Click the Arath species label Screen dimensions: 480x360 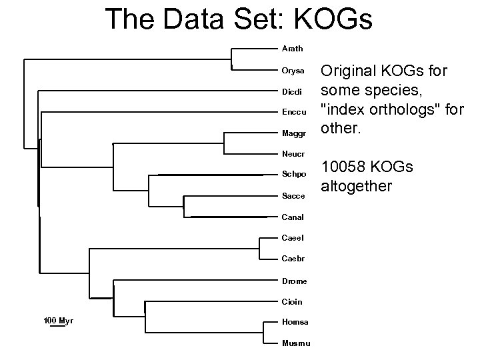point(292,49)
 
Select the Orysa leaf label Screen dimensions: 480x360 point(293,70)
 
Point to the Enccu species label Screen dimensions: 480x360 point(294,112)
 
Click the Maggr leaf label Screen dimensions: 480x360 point(293,133)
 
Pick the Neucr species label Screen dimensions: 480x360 point(293,154)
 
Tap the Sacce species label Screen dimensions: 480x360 point(293,196)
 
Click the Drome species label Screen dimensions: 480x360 point(294,280)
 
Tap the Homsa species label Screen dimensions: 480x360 point(295,322)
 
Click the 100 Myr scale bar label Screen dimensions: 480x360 point(58,321)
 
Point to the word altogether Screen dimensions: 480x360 point(357,187)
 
